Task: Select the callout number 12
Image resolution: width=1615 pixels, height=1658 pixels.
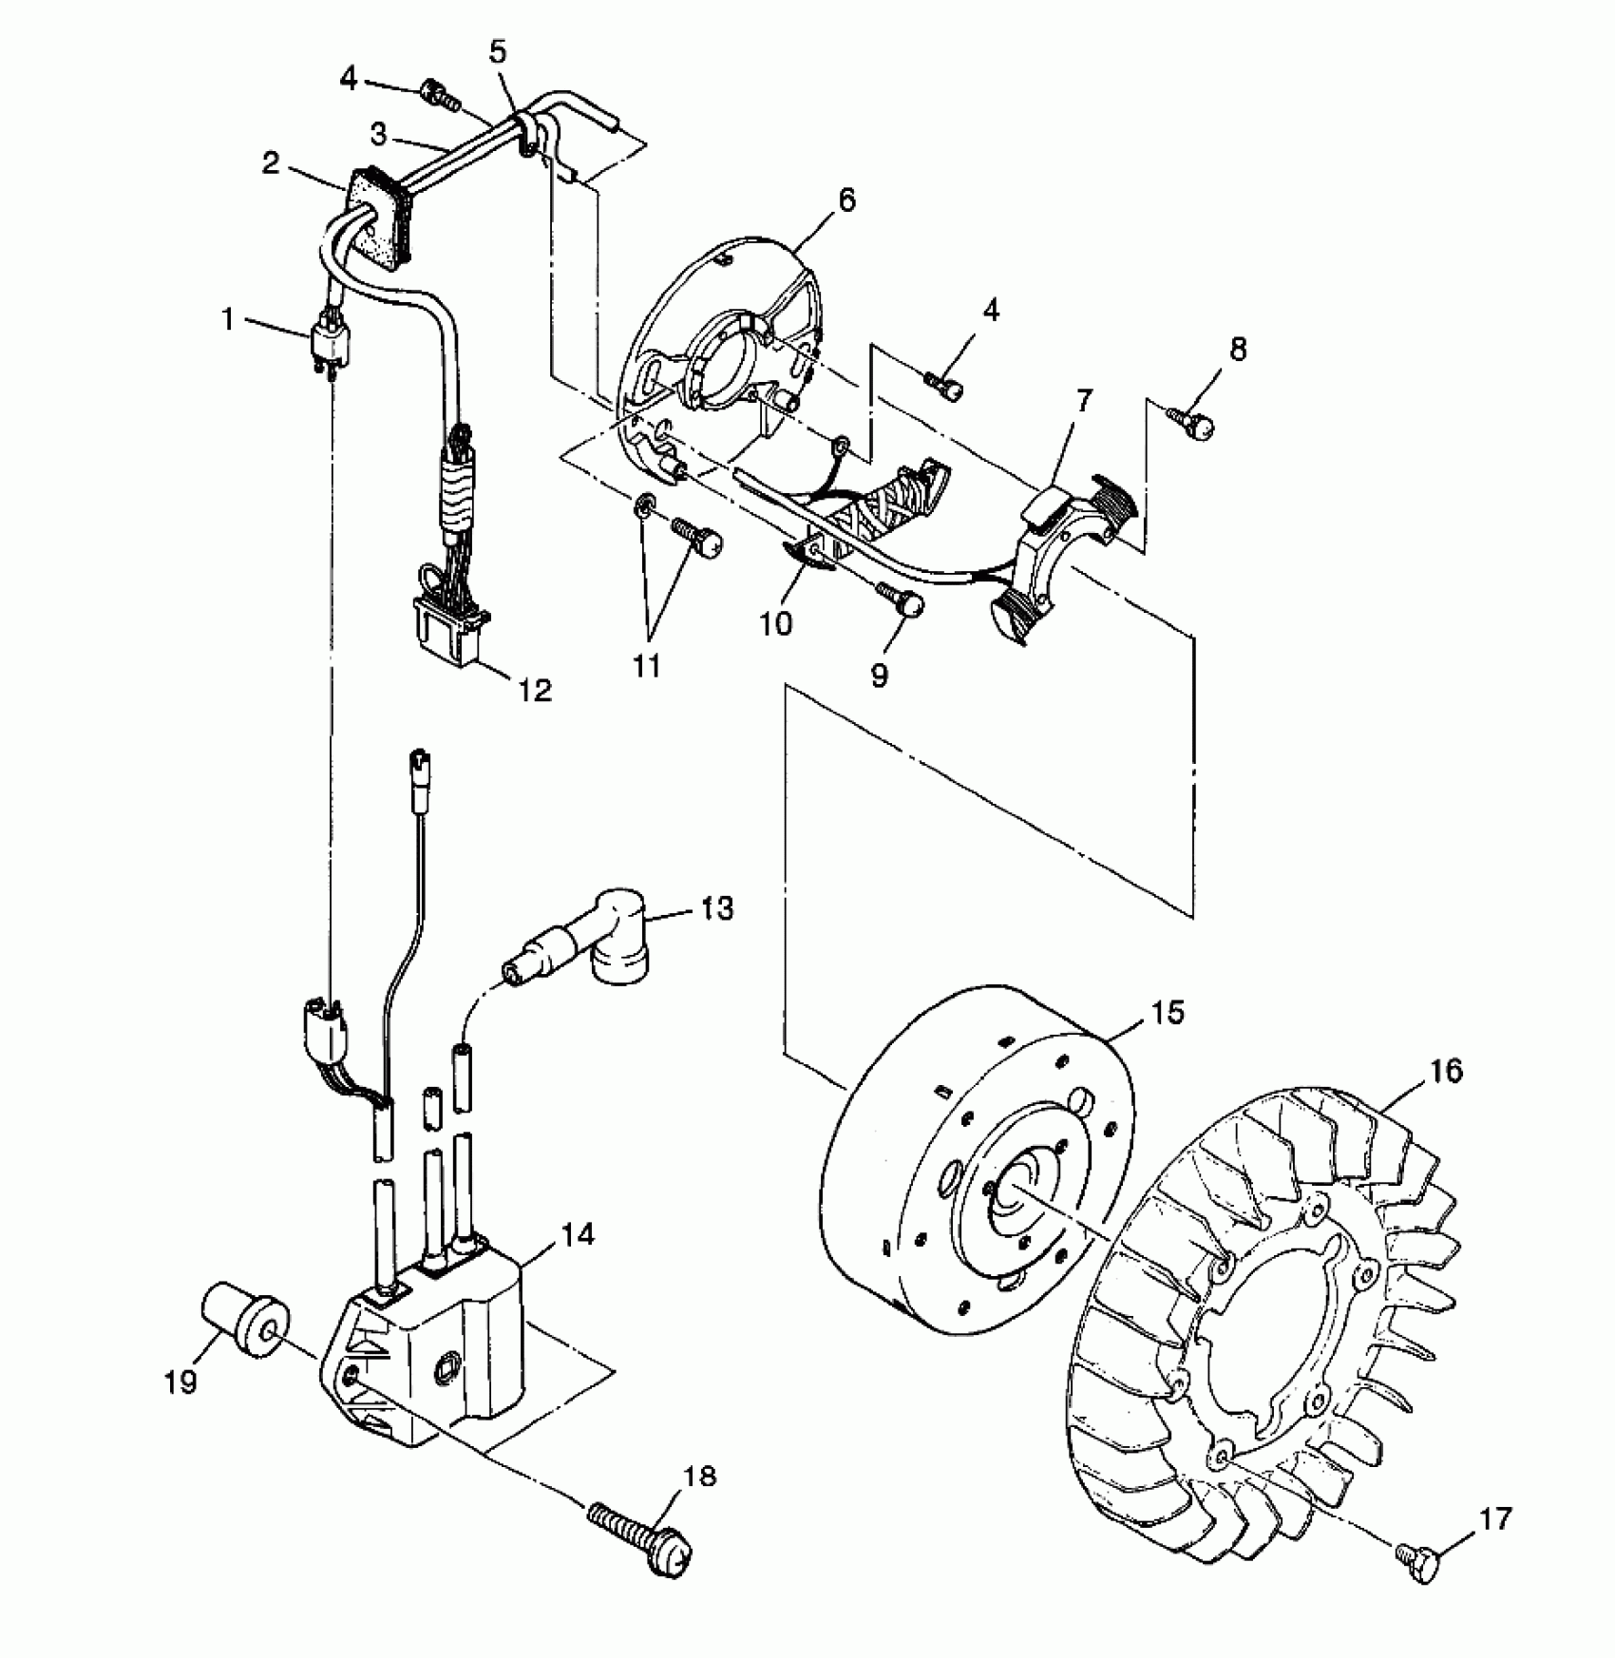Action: coord(535,690)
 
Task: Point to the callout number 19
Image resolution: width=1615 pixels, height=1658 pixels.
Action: coord(180,1382)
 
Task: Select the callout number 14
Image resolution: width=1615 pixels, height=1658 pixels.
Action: coord(577,1235)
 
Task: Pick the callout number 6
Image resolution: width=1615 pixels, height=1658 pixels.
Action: coord(846,200)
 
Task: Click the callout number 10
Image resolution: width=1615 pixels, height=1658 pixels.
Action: coord(777,624)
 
